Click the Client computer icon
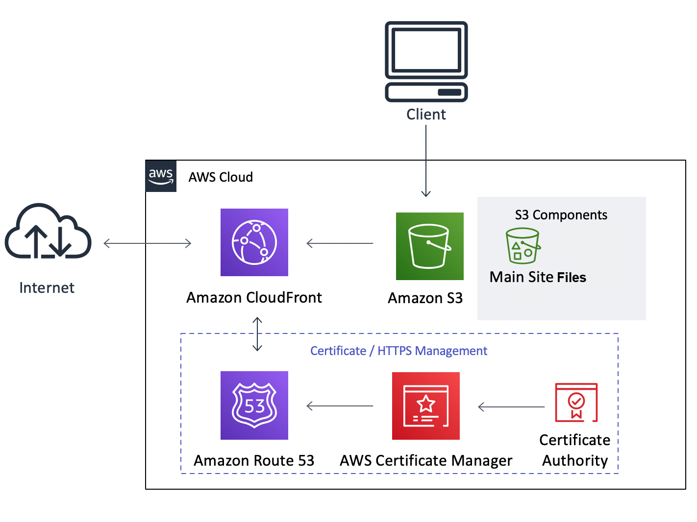(x=426, y=61)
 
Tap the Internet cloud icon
(x=48, y=232)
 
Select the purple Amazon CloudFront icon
(x=254, y=242)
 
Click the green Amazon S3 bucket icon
(x=429, y=246)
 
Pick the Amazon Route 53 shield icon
(x=254, y=405)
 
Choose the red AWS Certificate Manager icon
(x=425, y=406)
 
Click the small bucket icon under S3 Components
(x=523, y=246)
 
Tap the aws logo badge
(x=161, y=176)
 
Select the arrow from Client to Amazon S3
(x=426, y=162)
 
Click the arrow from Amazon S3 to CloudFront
(x=340, y=243)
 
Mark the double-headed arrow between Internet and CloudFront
(x=147, y=243)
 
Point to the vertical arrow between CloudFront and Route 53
(x=257, y=334)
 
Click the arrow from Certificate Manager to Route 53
(x=340, y=406)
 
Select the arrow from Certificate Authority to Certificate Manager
(x=511, y=407)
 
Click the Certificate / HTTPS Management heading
(x=398, y=351)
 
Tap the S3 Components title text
(x=561, y=215)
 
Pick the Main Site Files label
(x=538, y=277)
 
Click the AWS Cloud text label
(x=221, y=177)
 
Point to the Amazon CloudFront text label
(x=254, y=298)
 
